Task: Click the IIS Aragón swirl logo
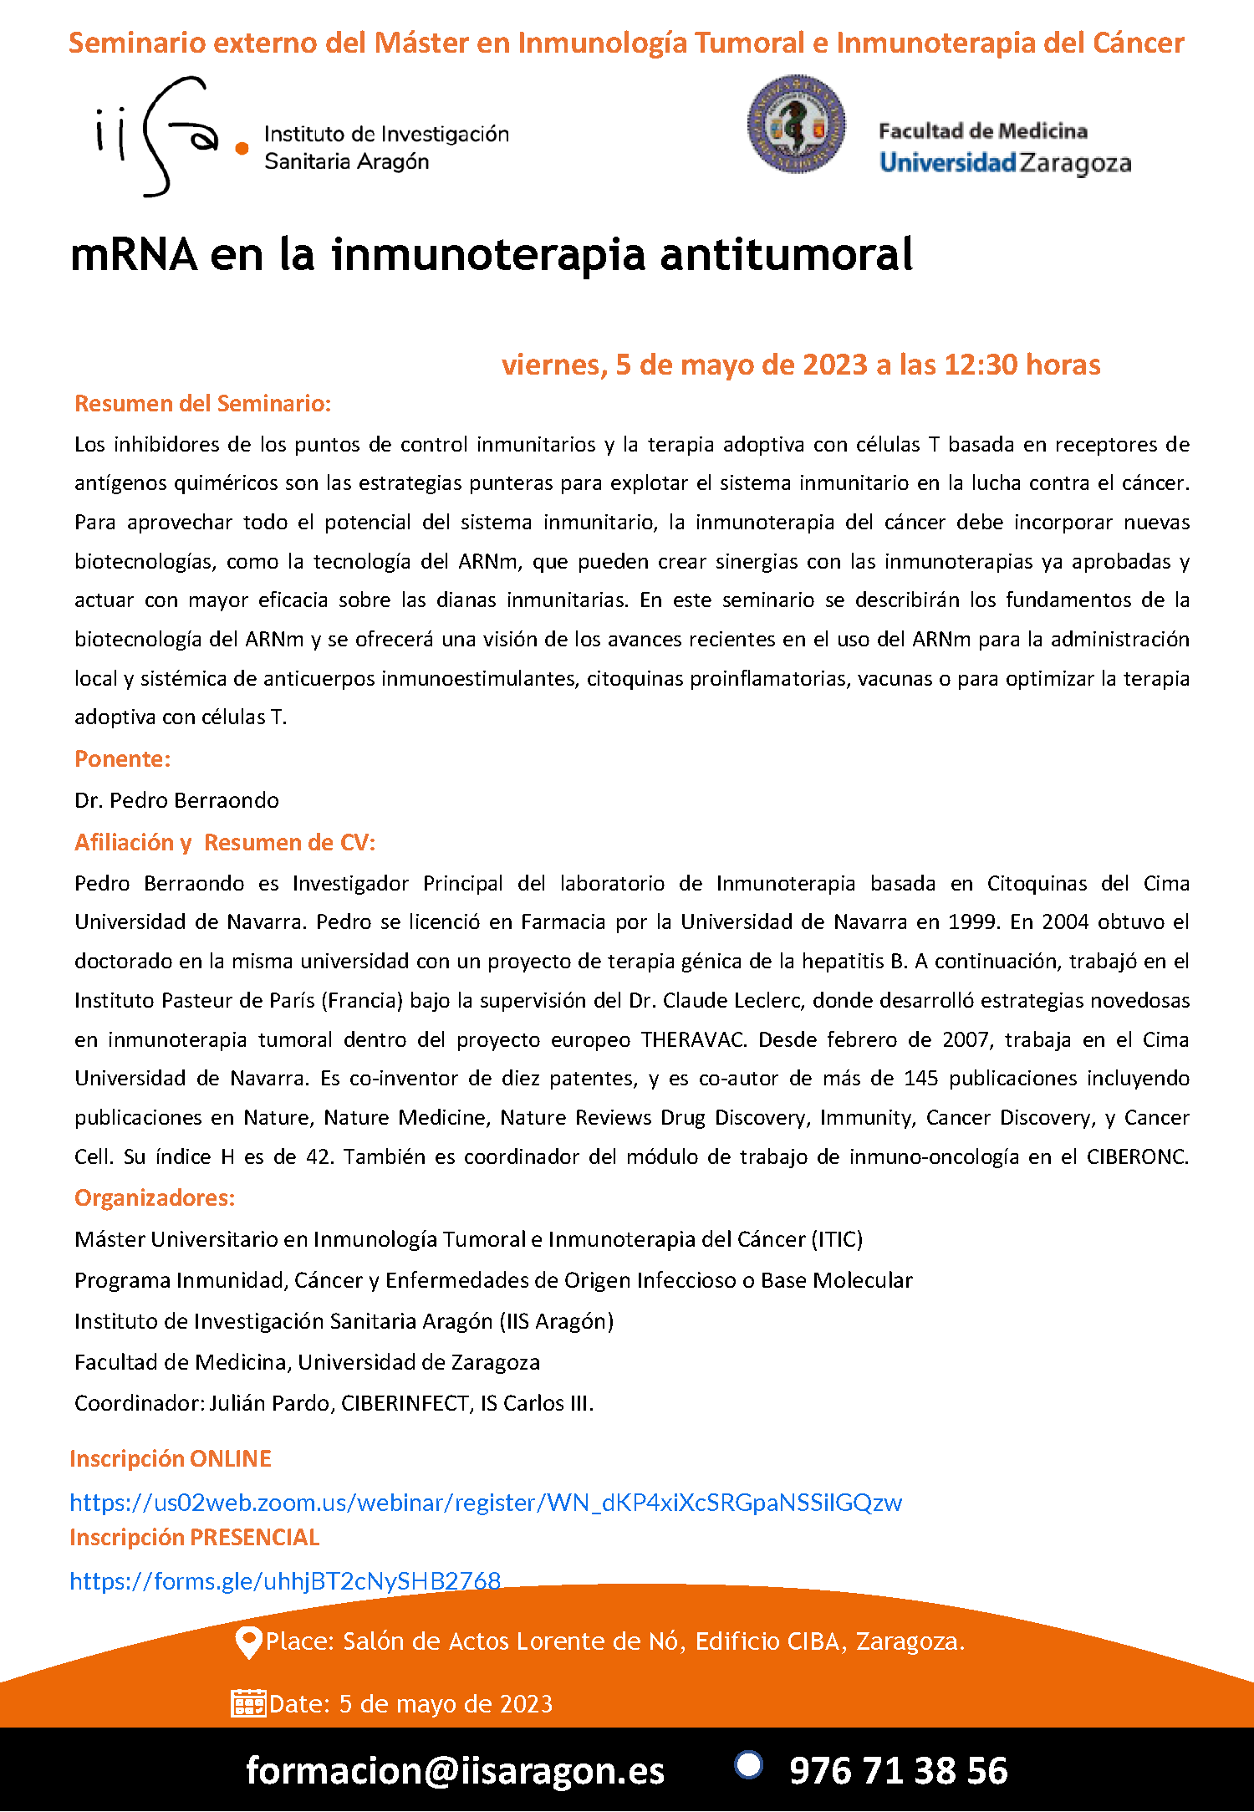pos(159,135)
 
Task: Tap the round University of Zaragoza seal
pos(796,125)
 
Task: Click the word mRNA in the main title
pos(134,254)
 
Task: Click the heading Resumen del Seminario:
pos(203,404)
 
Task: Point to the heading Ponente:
pos(123,759)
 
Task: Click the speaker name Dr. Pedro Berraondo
pos(177,800)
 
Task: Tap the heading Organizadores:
pos(155,1198)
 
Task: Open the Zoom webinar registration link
pos(486,1503)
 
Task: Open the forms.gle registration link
pos(285,1581)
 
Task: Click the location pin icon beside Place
pos(248,1642)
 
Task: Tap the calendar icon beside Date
pos(248,1703)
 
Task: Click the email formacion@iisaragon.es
pos(455,1770)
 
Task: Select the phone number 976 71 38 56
pos(899,1771)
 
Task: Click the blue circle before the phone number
pos(748,1764)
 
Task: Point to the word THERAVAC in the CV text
pos(693,1039)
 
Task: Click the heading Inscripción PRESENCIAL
pos(195,1538)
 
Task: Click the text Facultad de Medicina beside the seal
pos(983,131)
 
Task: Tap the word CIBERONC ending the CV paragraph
pos(1137,1156)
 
